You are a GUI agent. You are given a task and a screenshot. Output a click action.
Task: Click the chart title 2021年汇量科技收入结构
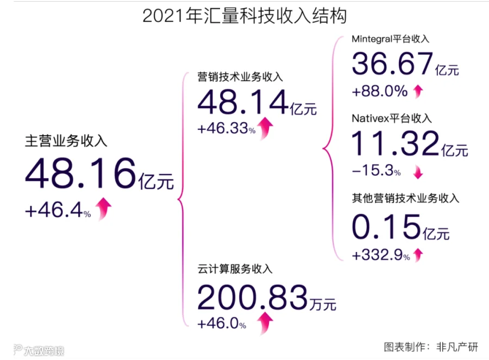[244, 16]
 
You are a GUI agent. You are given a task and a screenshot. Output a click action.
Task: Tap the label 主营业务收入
[66, 141]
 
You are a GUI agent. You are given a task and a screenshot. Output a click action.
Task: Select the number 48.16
[80, 173]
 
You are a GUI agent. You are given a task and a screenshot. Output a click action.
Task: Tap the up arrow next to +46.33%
[266, 128]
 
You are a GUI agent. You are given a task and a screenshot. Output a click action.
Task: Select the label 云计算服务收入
[235, 268]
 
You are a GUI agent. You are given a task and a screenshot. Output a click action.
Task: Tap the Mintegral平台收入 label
[390, 39]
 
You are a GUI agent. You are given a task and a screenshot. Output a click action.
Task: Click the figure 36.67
[391, 65]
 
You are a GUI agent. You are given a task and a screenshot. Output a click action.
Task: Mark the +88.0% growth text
[379, 91]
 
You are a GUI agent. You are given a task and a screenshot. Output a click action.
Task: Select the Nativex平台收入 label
[391, 118]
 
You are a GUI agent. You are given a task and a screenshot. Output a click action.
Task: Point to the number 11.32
[395, 144]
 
